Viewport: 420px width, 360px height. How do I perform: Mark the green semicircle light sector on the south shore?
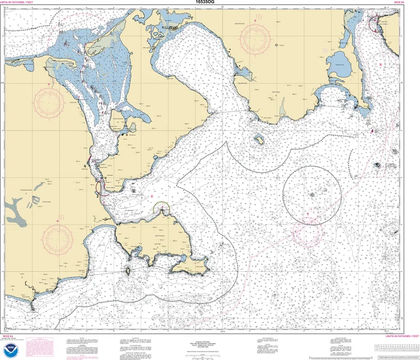[162, 208]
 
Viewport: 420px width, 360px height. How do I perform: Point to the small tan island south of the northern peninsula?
[260, 140]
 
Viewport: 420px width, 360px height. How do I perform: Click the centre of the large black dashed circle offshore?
[312, 195]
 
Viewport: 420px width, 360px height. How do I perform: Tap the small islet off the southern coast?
[128, 271]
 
